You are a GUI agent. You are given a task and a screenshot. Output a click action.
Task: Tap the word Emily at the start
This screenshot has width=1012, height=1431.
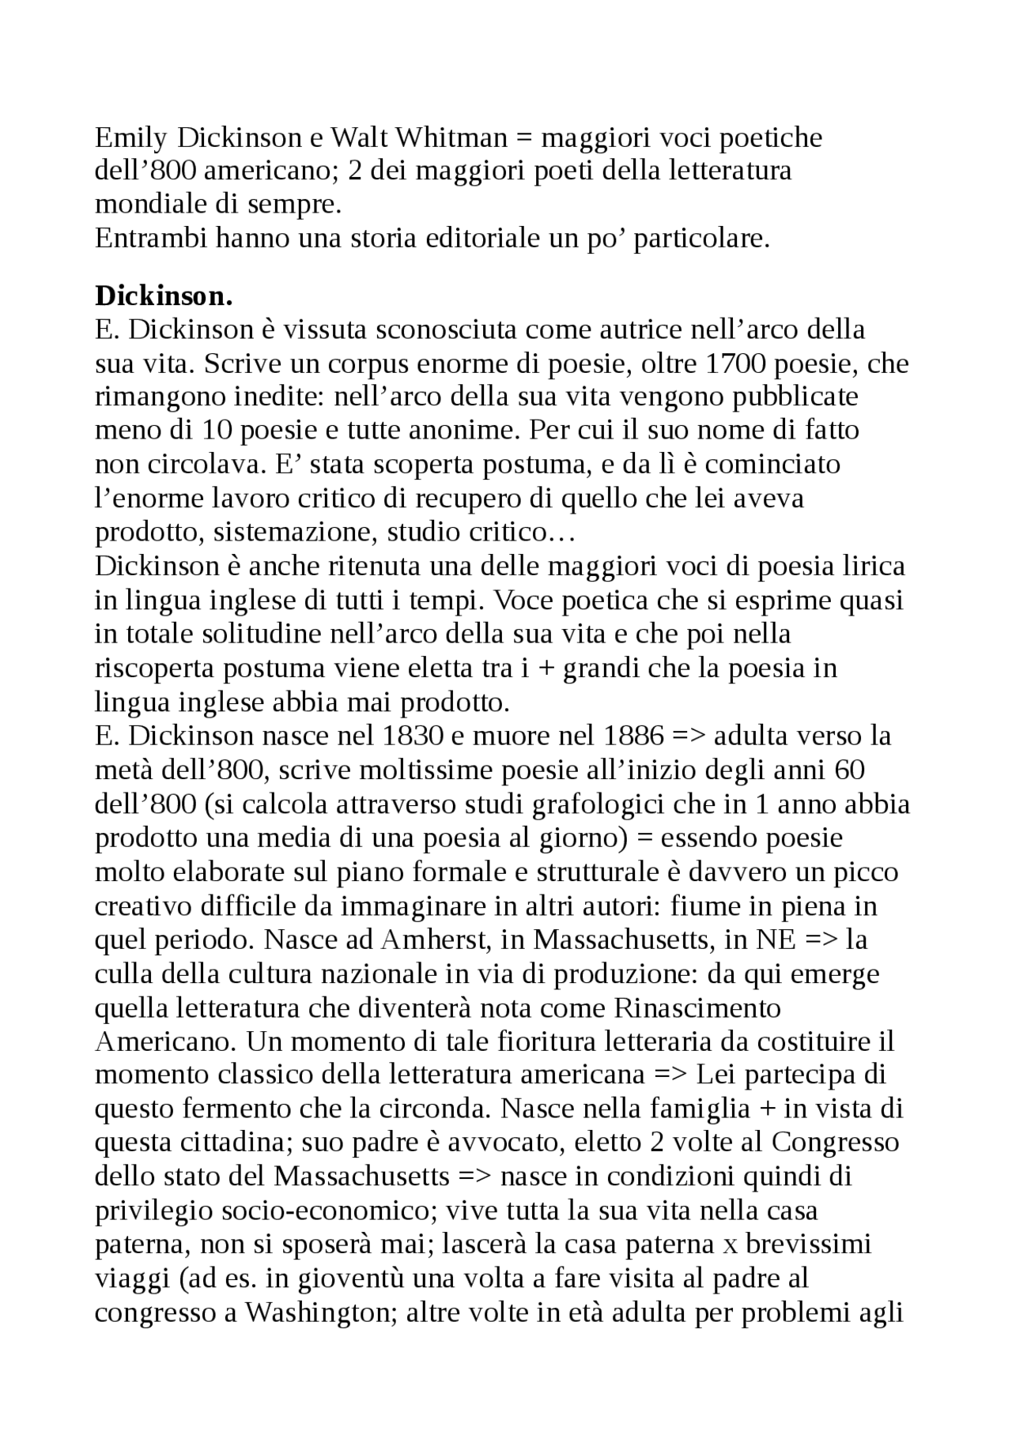(x=131, y=138)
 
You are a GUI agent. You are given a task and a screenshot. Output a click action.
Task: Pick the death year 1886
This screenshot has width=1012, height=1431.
(x=633, y=736)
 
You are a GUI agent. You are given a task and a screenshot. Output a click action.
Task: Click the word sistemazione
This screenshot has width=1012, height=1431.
(x=296, y=532)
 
